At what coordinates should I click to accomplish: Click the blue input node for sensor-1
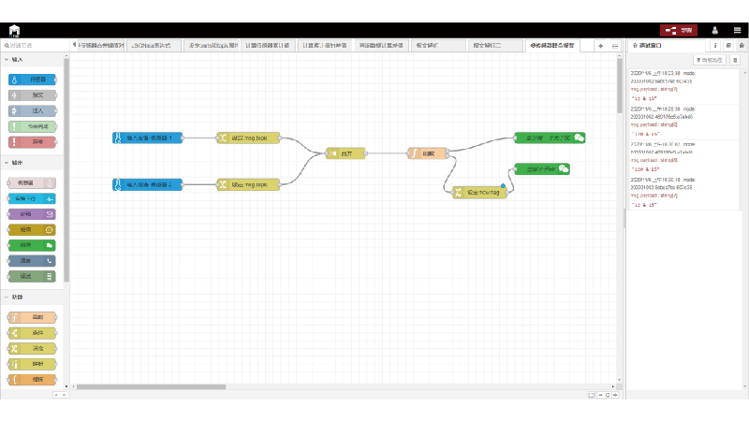[x=147, y=138]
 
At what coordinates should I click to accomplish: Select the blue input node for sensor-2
[x=147, y=184]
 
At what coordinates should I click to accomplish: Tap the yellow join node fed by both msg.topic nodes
[x=344, y=152]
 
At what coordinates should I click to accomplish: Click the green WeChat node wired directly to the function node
[x=551, y=138]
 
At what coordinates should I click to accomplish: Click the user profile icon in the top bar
[x=715, y=30]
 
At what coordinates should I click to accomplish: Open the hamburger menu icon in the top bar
[x=737, y=30]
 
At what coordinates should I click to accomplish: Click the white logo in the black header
[x=15, y=30]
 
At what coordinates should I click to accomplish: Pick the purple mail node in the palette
[x=37, y=213]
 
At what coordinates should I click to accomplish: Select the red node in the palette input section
[x=37, y=142]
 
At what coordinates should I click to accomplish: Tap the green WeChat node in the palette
[x=37, y=244]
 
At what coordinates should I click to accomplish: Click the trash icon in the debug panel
[x=735, y=60]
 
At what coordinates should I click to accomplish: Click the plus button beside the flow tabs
[x=601, y=45]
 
